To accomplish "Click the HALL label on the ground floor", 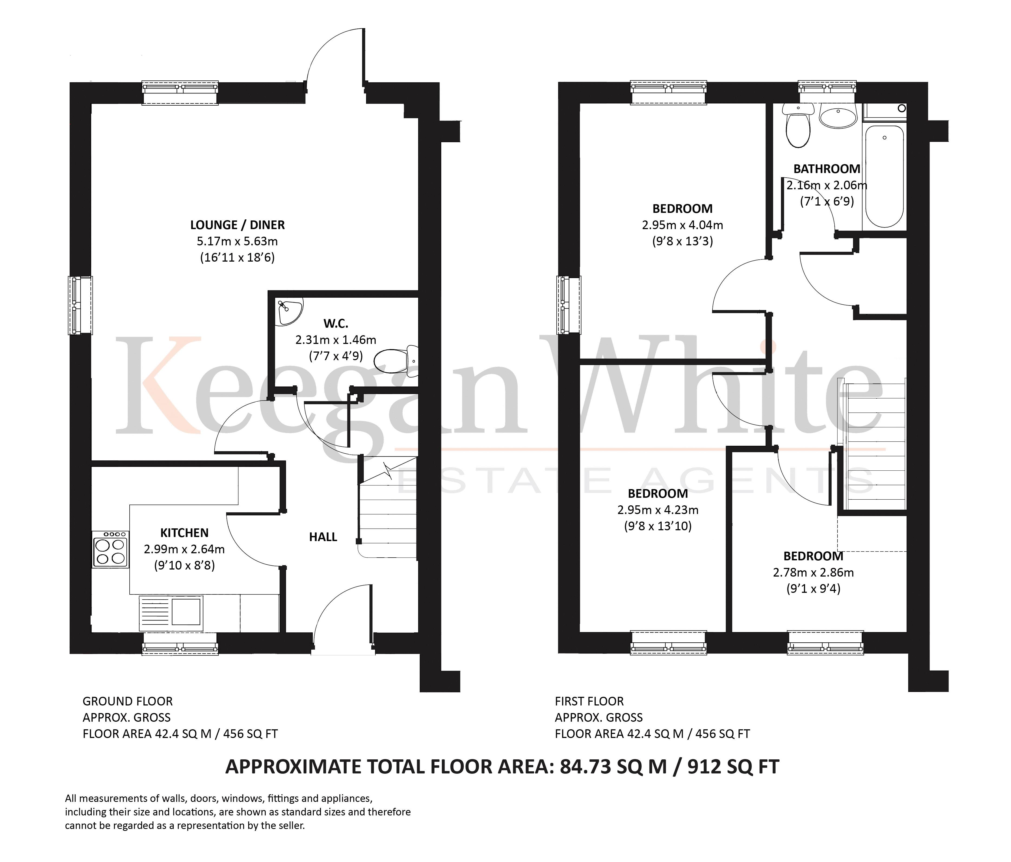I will [x=323, y=537].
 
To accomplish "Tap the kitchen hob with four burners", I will [x=111, y=549].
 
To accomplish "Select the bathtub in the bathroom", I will [x=885, y=176].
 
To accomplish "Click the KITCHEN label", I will [x=185, y=533].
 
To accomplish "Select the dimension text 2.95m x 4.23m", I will [x=658, y=510].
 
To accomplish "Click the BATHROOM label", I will [x=826, y=169].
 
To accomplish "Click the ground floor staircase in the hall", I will [x=388, y=513].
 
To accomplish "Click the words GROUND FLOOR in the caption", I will [x=127, y=701].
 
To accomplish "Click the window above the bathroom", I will [x=827, y=88].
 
